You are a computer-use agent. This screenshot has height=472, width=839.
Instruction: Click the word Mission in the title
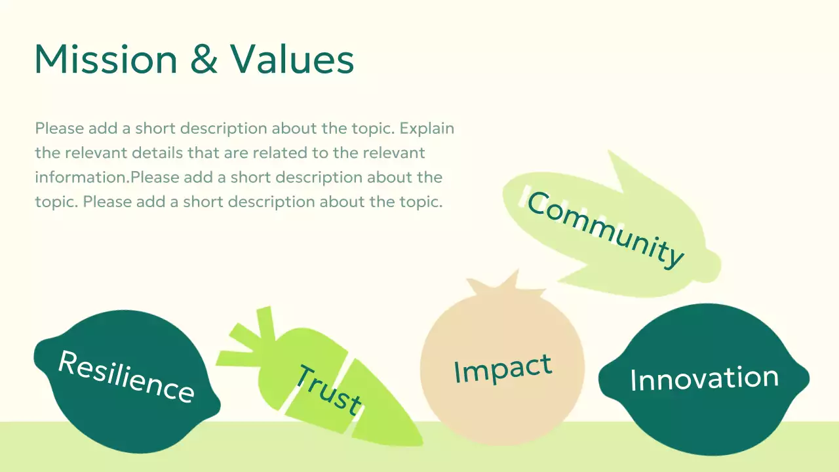[106, 59]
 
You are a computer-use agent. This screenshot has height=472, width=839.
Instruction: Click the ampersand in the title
[203, 59]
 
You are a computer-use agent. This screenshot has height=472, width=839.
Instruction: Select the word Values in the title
[292, 59]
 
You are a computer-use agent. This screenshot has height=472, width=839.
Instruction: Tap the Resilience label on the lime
[126, 376]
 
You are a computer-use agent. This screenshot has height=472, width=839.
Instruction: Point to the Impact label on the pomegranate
[503, 369]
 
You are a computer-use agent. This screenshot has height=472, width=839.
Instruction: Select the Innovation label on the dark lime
[704, 379]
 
